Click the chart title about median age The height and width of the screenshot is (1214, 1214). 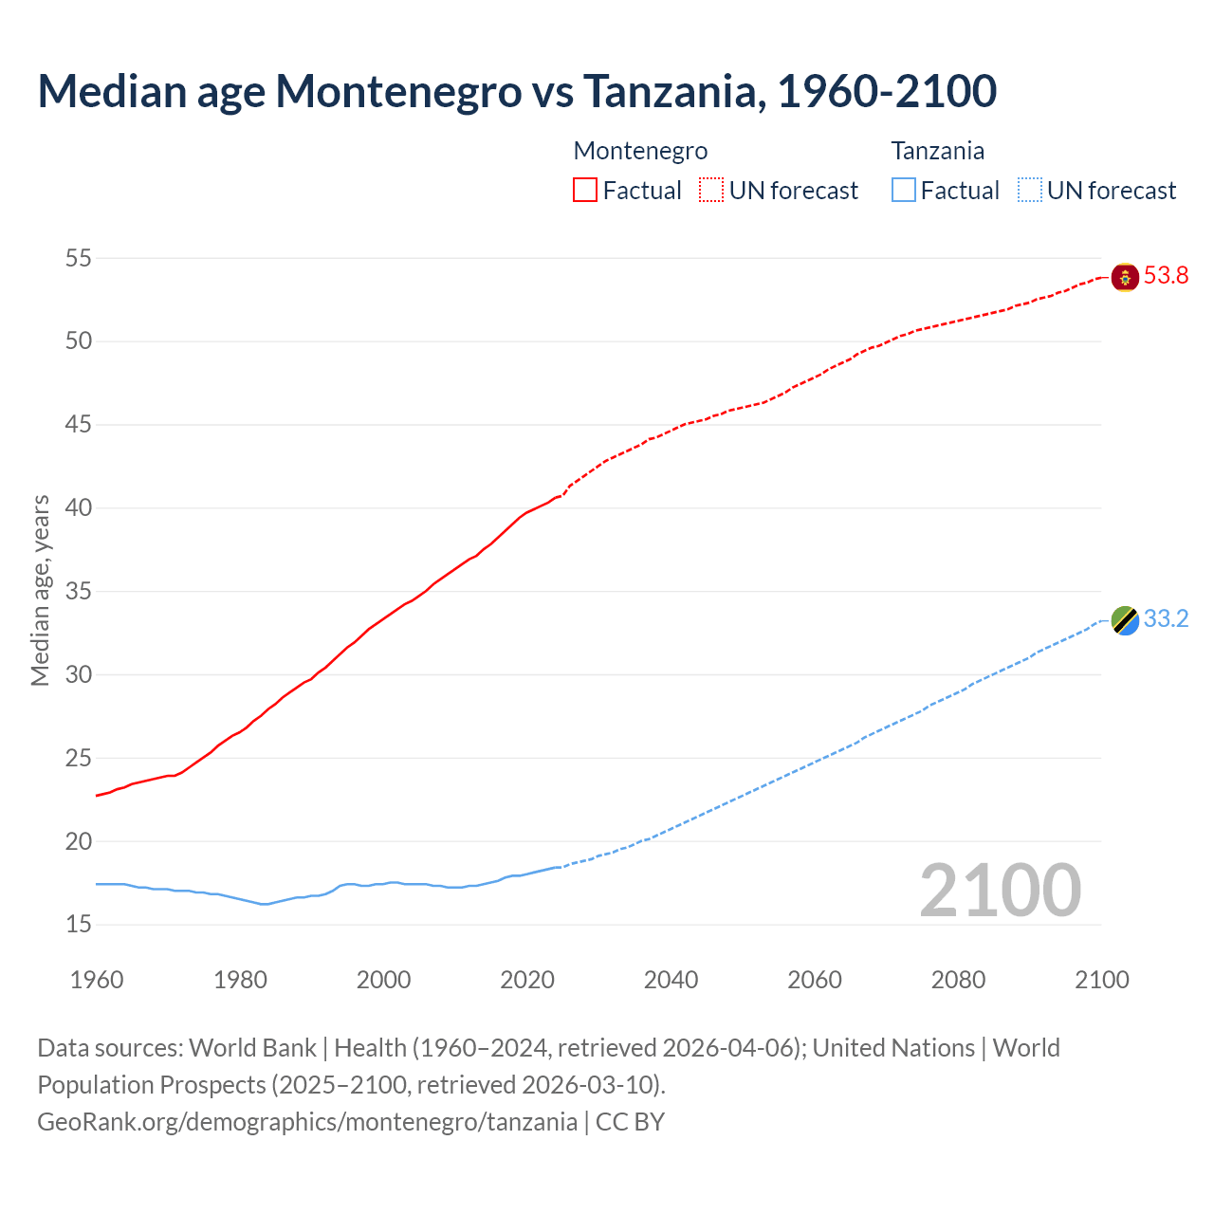click(x=517, y=91)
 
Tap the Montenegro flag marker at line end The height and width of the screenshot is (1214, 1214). click(x=1125, y=277)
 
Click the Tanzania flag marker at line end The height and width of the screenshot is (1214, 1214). click(x=1125, y=620)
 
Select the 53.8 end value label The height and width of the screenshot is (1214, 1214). click(x=1166, y=276)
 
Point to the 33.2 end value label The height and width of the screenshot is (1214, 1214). click(x=1166, y=619)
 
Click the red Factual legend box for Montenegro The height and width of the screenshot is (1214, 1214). click(x=585, y=191)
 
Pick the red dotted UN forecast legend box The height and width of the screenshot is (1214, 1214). click(x=711, y=191)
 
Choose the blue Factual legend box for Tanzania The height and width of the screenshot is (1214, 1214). click(x=904, y=191)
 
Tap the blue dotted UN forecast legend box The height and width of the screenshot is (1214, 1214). click(x=1029, y=191)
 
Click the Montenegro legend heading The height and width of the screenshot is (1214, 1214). click(x=640, y=151)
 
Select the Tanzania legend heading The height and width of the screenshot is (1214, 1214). click(x=937, y=151)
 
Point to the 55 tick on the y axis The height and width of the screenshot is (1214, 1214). click(x=79, y=258)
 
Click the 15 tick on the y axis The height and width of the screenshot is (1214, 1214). click(x=79, y=925)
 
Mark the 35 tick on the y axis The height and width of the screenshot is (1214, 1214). click(x=79, y=592)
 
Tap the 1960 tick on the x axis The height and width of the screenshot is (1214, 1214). click(x=97, y=980)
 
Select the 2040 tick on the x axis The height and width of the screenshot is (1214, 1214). click(x=671, y=980)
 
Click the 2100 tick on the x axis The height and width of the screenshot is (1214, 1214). click(x=1101, y=980)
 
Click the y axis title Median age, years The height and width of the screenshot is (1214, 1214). click(x=40, y=590)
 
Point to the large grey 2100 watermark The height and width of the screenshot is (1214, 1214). click(x=1000, y=891)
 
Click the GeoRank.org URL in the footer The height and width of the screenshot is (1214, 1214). click(x=307, y=1122)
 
